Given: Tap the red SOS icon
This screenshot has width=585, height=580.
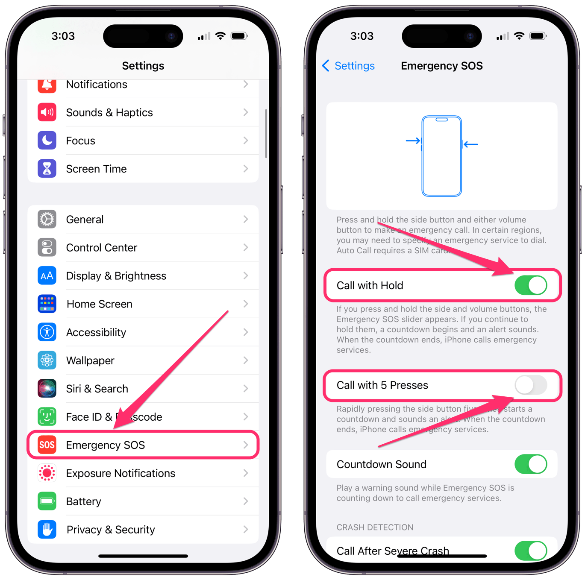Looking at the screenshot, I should click(47, 445).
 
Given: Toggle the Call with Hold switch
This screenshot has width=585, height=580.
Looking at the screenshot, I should click(531, 285).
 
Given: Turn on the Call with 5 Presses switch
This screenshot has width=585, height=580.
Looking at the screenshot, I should click(531, 385).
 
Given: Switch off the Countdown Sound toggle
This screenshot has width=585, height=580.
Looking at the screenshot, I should click(531, 464).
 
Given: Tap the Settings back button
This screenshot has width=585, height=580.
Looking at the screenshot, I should click(348, 66).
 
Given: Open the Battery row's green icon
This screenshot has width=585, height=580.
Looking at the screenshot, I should click(47, 501).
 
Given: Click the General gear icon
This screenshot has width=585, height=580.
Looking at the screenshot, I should click(47, 220).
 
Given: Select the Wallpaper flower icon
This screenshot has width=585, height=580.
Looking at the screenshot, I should click(47, 360).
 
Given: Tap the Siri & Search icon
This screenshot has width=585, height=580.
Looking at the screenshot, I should click(47, 389).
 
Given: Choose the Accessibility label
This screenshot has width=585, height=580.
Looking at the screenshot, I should click(96, 332).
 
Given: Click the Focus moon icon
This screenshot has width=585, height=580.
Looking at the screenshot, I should click(47, 141).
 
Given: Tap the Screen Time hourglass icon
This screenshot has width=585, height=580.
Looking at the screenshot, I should click(47, 169).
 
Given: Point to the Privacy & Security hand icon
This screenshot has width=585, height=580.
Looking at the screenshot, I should click(47, 530).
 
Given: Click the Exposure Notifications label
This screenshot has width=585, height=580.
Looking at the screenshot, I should click(121, 473).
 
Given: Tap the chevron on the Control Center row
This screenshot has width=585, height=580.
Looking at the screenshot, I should click(246, 248).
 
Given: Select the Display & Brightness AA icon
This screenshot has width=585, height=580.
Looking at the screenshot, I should click(47, 276).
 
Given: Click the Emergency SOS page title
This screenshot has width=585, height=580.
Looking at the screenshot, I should click(441, 66).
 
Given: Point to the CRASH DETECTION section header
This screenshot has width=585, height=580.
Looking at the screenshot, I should click(375, 527).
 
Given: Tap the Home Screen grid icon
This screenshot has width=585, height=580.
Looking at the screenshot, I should click(47, 304).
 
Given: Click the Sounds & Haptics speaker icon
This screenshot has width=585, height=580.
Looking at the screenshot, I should click(47, 112).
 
